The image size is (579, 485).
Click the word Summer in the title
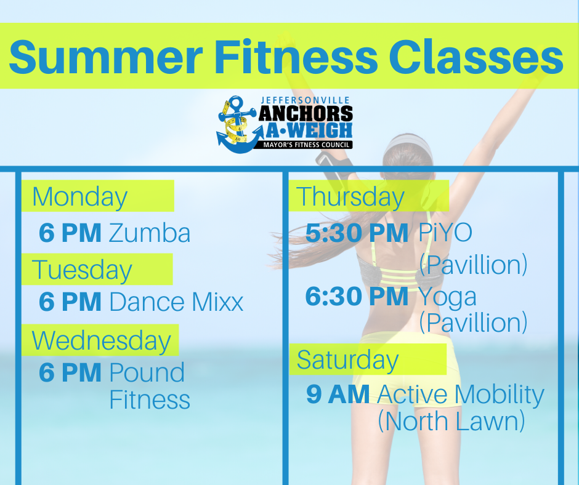[x=106, y=57]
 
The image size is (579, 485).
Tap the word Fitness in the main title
[x=296, y=56]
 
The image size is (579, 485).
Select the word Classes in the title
[x=476, y=56]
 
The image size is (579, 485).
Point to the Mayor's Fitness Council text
[x=306, y=145]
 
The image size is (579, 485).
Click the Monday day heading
[x=79, y=197]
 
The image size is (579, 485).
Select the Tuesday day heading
[x=82, y=270]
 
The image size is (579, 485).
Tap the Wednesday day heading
[x=102, y=341]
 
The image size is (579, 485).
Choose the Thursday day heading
[x=350, y=197]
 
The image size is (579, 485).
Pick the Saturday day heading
[x=347, y=360]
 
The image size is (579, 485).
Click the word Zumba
[x=150, y=233]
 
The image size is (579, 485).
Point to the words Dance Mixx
[x=177, y=302]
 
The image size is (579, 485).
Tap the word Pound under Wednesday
[x=147, y=372]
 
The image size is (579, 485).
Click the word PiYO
[x=445, y=233]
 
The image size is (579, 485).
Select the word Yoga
[x=447, y=297]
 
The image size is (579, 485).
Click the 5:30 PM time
[x=357, y=233]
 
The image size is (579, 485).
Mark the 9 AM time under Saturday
[x=338, y=394]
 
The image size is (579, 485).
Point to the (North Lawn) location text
[x=451, y=422]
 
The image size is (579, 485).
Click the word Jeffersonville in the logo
[x=306, y=100]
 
